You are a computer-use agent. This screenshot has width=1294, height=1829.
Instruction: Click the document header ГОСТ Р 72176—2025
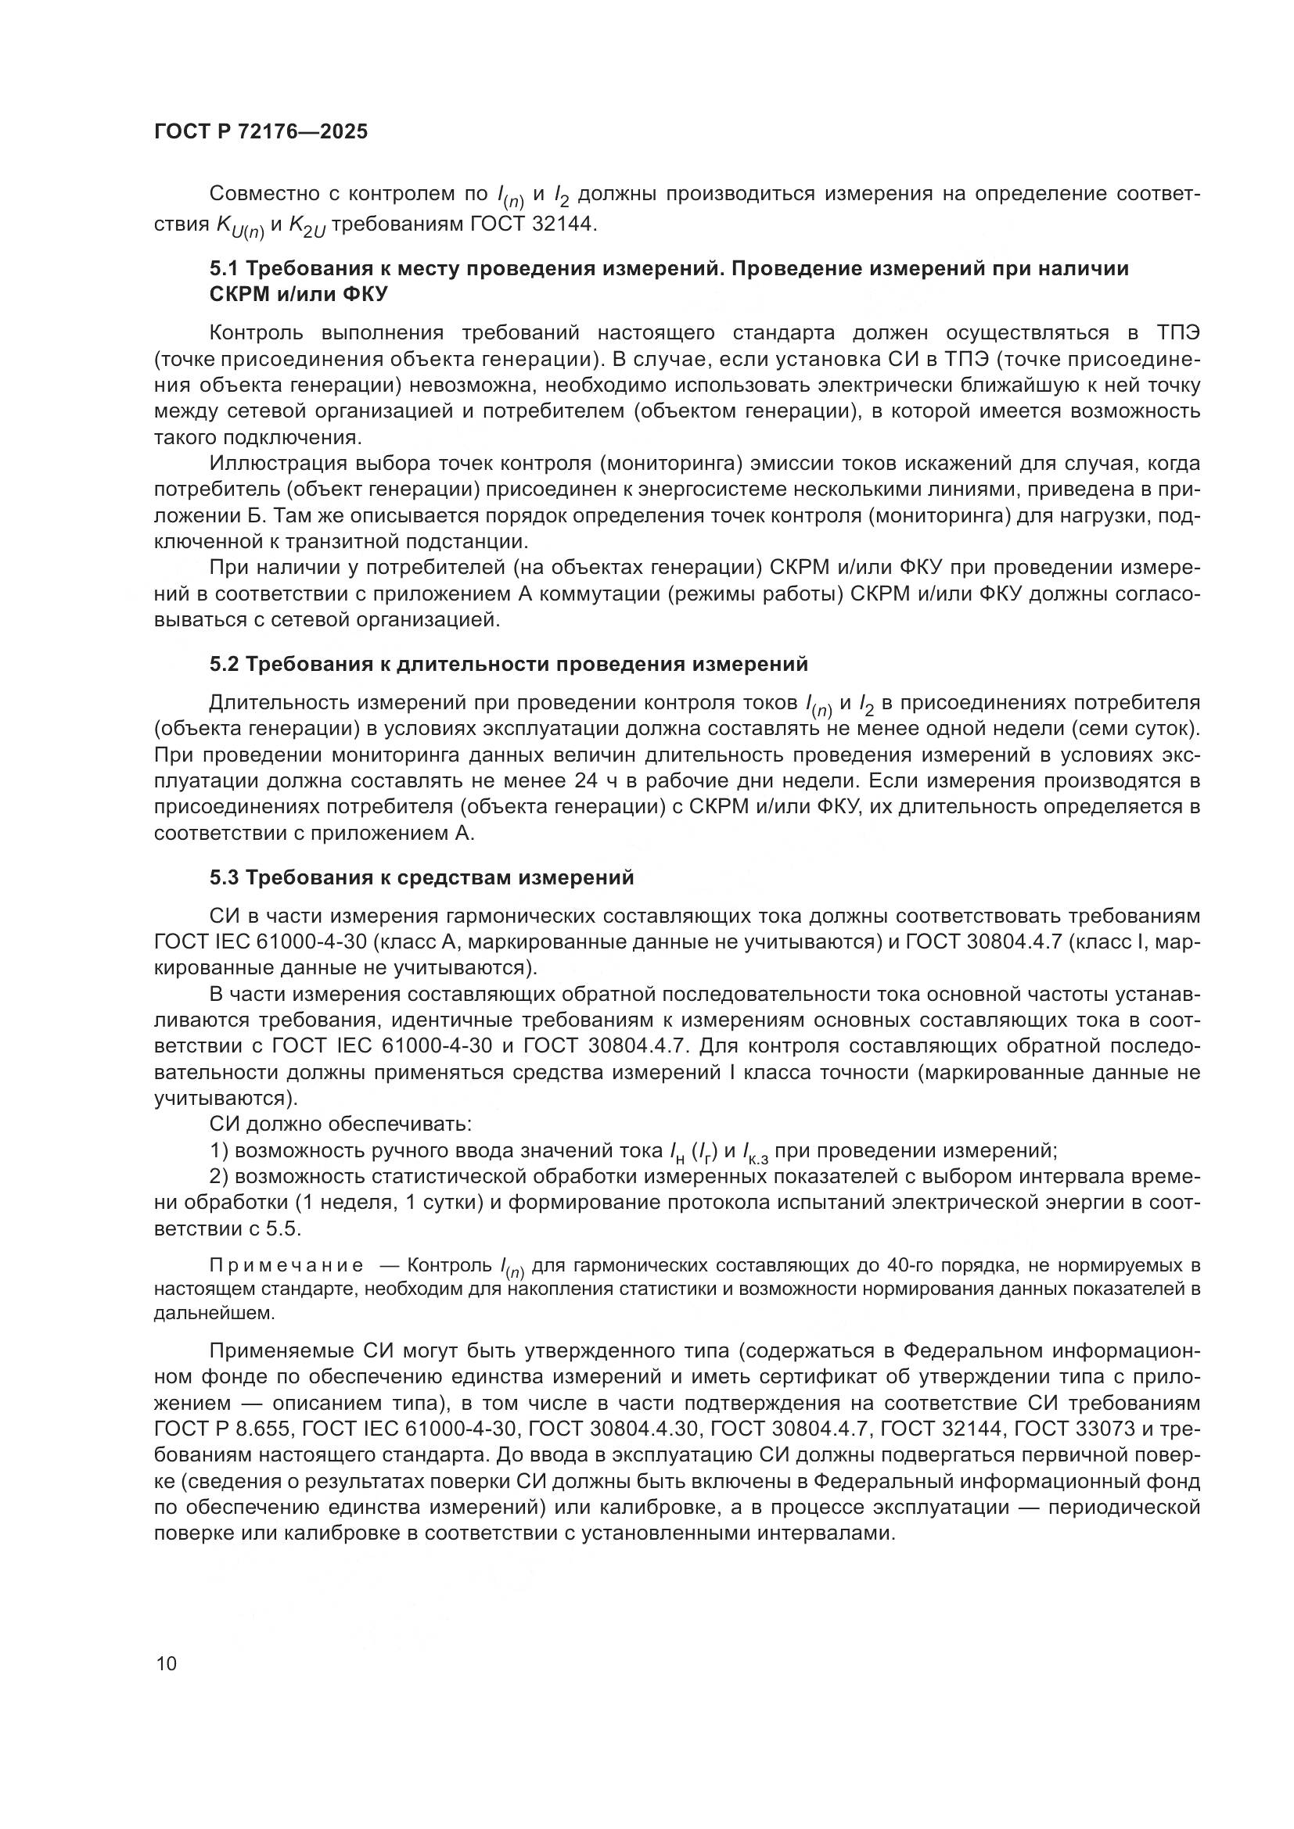(x=261, y=132)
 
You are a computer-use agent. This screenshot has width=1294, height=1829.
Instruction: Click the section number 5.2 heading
(x=224, y=665)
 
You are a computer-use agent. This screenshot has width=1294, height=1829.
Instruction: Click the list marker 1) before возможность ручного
(x=219, y=1151)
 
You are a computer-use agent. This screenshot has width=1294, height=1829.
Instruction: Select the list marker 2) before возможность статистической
(x=219, y=1177)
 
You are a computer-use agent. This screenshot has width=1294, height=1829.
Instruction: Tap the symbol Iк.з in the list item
(x=754, y=1153)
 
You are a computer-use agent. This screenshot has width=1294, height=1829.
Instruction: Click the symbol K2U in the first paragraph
(x=305, y=225)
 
